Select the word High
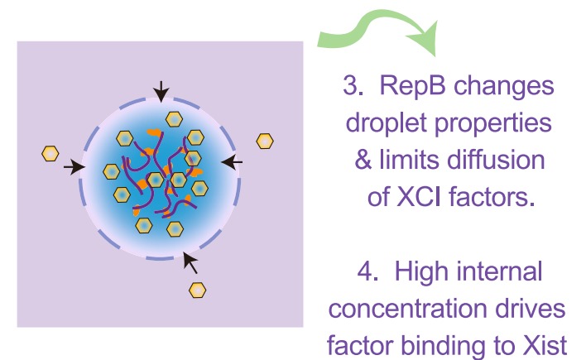pyautogui.click(x=424, y=271)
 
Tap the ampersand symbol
pyautogui.click(x=363, y=161)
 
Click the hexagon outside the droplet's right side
pyautogui.click(x=265, y=141)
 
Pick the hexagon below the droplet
pyautogui.click(x=198, y=290)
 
